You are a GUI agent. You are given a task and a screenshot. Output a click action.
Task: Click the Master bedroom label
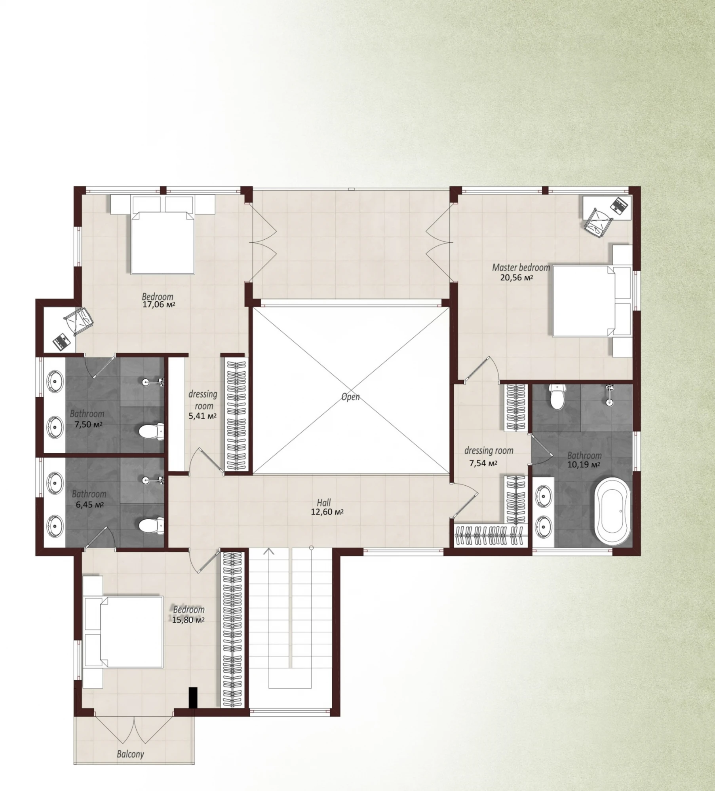pos(521,268)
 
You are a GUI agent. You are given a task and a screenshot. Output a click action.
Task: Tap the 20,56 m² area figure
pos(517,277)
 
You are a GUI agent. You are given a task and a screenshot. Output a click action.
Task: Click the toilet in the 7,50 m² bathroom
pos(152,431)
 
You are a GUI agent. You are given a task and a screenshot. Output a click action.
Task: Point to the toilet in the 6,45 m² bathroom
pos(152,525)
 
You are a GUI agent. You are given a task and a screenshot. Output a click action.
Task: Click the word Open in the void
pos(350,397)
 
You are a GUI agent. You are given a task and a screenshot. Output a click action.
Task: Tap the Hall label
pos(324,503)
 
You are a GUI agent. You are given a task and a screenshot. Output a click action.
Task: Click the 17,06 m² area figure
pos(159,305)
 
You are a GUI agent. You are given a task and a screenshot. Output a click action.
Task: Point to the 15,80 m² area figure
pos(188,620)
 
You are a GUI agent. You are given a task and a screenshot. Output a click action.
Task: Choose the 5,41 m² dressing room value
pos(202,416)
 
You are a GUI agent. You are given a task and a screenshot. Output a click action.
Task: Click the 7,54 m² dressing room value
pos(483,463)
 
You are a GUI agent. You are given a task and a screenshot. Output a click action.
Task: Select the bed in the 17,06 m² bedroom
pos(163,242)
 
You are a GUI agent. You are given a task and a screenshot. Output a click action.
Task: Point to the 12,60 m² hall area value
pos(327,512)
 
